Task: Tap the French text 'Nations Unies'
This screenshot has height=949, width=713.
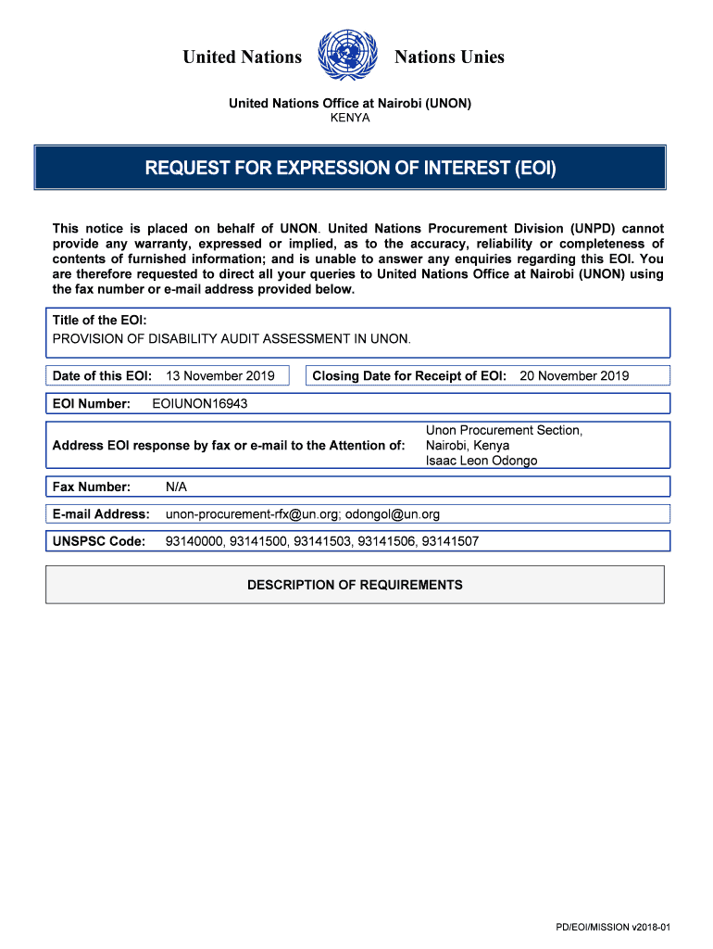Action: click(449, 57)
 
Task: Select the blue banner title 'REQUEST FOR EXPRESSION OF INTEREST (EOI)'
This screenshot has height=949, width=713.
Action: click(350, 169)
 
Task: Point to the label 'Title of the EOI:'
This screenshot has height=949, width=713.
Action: click(100, 320)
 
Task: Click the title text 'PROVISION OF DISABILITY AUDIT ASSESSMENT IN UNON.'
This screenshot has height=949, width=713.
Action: click(231, 338)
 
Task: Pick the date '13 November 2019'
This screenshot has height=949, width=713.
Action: click(220, 375)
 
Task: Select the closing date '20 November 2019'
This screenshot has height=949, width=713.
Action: click(574, 375)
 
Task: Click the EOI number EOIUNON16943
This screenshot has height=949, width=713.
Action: click(199, 404)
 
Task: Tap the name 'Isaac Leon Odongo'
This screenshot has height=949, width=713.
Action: click(482, 461)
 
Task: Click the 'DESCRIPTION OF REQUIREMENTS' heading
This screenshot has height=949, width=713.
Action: click(355, 585)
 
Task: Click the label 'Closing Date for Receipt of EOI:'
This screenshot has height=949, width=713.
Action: click(409, 375)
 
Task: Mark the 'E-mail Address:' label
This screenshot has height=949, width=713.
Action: click(101, 514)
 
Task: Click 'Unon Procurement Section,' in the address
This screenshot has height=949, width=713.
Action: click(504, 430)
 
